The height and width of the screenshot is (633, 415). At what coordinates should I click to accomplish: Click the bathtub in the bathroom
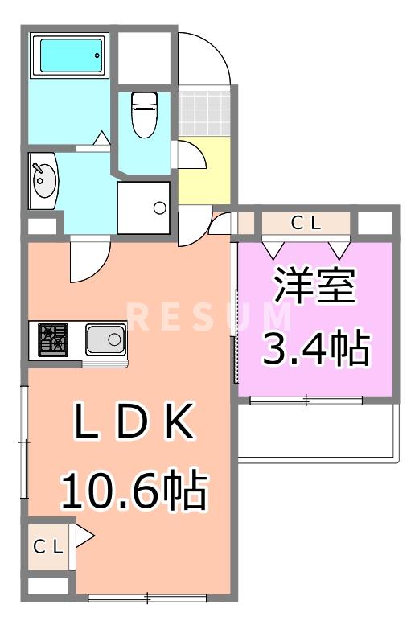click(71, 55)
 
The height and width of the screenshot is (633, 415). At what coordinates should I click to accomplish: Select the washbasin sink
click(43, 180)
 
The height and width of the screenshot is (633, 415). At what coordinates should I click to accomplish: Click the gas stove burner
click(54, 339)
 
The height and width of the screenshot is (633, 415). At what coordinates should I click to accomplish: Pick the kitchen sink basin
click(105, 340)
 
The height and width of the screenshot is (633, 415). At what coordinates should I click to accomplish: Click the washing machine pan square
click(144, 208)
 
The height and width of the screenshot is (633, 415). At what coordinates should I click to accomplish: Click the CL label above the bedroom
click(306, 224)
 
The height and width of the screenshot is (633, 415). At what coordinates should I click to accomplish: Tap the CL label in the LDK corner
click(48, 547)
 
